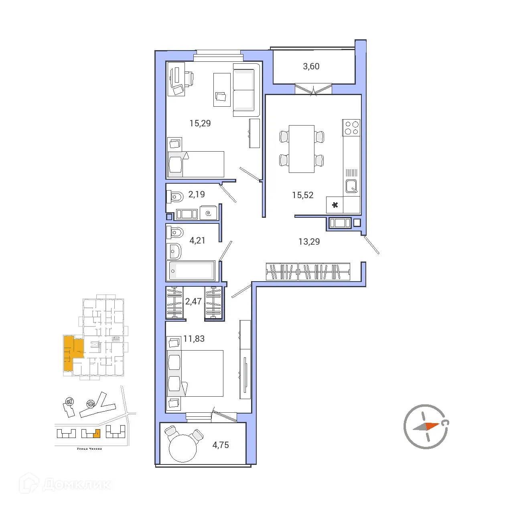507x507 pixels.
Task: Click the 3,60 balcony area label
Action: click(311, 67)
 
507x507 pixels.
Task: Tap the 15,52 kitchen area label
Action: click(302, 195)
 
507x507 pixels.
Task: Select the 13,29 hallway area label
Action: click(309, 241)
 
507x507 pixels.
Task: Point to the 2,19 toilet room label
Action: click(197, 195)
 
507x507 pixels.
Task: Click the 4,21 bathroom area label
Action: click(197, 241)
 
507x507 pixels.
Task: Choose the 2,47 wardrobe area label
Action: click(193, 302)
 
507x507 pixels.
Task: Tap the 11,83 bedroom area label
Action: click(194, 339)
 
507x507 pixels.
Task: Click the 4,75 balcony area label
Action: click(221, 445)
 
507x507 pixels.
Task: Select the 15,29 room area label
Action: click(200, 124)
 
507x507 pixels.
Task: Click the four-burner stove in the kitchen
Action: click(351, 128)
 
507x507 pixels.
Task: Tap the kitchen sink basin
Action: click(351, 186)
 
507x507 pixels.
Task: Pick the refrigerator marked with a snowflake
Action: click(335, 205)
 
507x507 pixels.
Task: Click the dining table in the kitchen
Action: click(301, 149)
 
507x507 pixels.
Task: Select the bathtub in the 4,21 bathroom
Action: click(191, 271)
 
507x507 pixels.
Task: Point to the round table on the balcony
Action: click(183, 448)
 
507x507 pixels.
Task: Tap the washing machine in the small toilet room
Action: click(208, 213)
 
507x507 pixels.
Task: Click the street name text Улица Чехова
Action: click(89, 449)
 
